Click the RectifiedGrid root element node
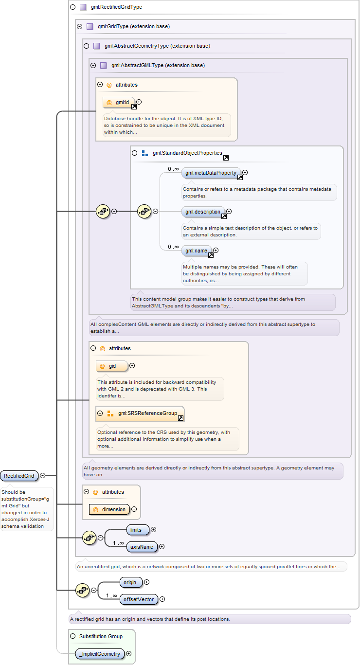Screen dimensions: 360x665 click(x=19, y=476)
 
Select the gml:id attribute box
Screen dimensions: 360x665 click(x=119, y=103)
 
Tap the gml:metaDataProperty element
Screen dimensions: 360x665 click(x=211, y=173)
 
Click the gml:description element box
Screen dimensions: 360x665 click(x=203, y=212)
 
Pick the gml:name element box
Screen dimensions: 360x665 click(x=197, y=251)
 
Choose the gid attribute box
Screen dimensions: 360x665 click(x=112, y=366)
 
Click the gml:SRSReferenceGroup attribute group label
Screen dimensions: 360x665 click(x=147, y=413)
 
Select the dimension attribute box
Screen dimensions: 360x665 click(x=109, y=509)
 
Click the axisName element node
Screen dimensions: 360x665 click(x=142, y=547)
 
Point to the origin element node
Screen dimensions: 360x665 click(x=131, y=582)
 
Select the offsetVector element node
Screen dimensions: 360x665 click(x=139, y=599)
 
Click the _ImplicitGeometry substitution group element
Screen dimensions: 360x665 click(x=100, y=654)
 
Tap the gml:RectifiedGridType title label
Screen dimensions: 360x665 click(x=116, y=7)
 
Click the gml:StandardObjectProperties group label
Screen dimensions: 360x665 click(x=187, y=153)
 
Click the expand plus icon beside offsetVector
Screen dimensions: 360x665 click(x=162, y=599)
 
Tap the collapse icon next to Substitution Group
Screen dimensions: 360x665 click(x=72, y=636)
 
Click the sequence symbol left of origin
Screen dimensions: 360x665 click(x=83, y=590)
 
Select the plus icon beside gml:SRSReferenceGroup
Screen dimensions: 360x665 click(x=100, y=413)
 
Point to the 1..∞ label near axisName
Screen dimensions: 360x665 click(x=118, y=543)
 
